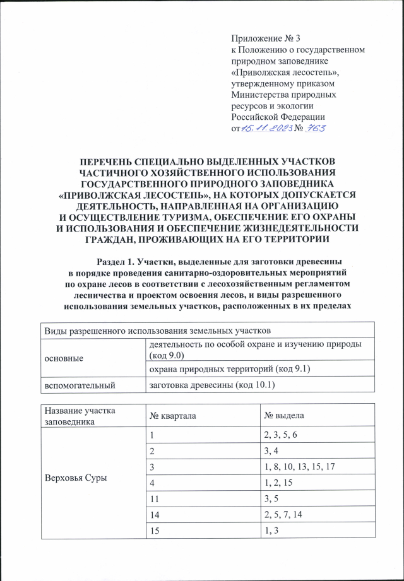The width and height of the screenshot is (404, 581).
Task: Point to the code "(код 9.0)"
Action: click(170, 356)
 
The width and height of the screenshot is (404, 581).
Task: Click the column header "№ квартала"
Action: click(174, 417)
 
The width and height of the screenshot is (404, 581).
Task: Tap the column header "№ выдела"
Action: click(284, 417)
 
